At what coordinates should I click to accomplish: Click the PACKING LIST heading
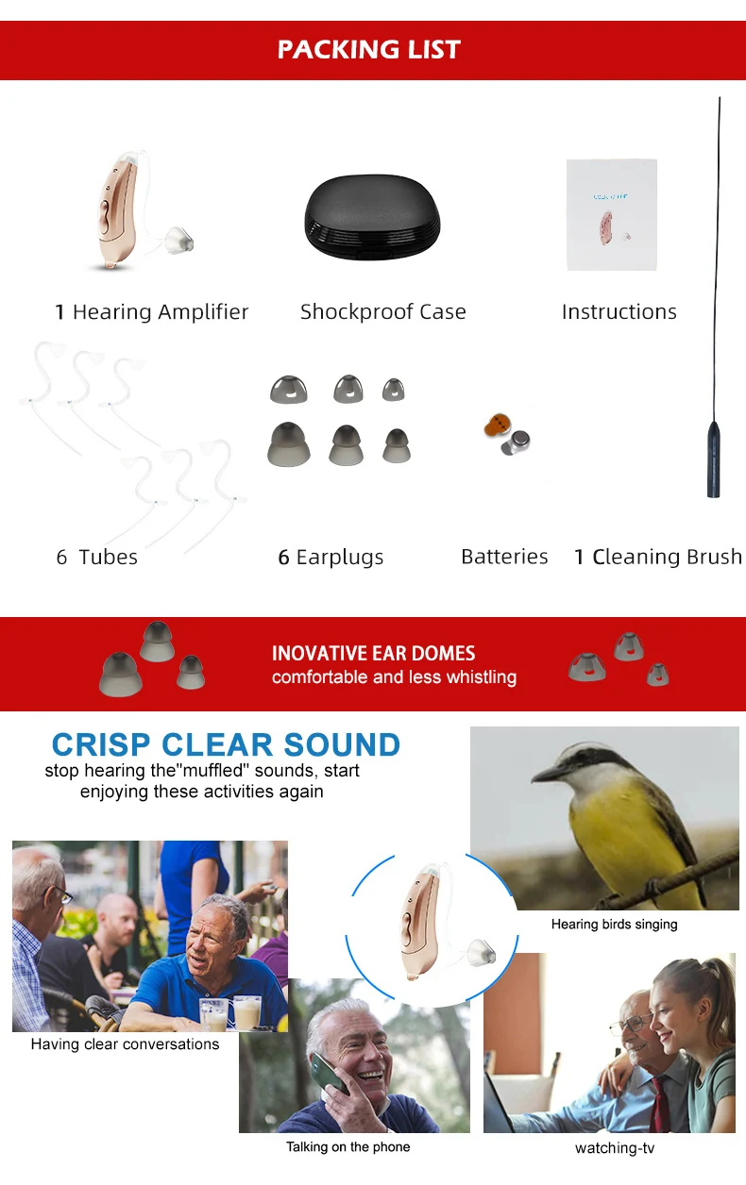click(368, 49)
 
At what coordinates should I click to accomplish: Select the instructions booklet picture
click(611, 215)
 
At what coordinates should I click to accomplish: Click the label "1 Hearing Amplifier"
click(152, 312)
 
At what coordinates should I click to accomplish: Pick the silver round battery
click(517, 440)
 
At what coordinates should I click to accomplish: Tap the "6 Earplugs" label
click(331, 558)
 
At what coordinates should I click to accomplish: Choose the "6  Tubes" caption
click(97, 558)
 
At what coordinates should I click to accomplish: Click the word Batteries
click(504, 557)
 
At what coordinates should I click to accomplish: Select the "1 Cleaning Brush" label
click(658, 558)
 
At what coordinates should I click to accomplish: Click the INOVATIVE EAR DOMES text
click(373, 653)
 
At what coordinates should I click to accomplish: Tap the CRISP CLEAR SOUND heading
click(226, 744)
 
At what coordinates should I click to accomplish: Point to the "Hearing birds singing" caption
click(614, 925)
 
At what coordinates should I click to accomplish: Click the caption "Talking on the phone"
click(348, 1147)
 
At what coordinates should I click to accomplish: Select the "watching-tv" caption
click(614, 1148)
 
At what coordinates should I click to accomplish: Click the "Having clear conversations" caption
click(125, 1044)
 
